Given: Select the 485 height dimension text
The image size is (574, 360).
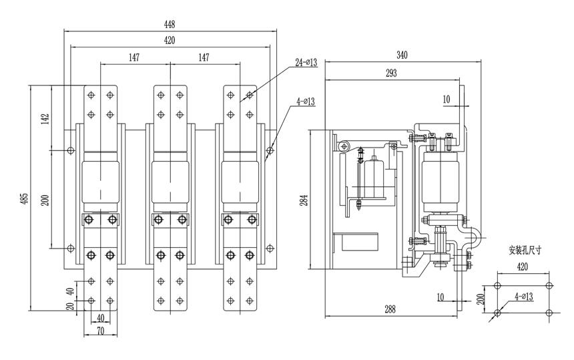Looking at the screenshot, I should (x=25, y=198).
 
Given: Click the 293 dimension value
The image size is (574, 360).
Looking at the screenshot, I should (x=392, y=73).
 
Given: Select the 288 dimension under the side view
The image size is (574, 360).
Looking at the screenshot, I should (x=390, y=310).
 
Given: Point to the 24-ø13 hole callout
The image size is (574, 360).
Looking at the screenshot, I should (x=305, y=64).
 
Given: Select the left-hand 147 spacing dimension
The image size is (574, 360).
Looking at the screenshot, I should (x=134, y=58).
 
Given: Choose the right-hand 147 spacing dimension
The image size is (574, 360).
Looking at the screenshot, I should (x=204, y=58).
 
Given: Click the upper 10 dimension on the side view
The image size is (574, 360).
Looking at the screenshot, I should (x=447, y=99).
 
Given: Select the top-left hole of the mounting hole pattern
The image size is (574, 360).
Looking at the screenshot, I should (x=497, y=285).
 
